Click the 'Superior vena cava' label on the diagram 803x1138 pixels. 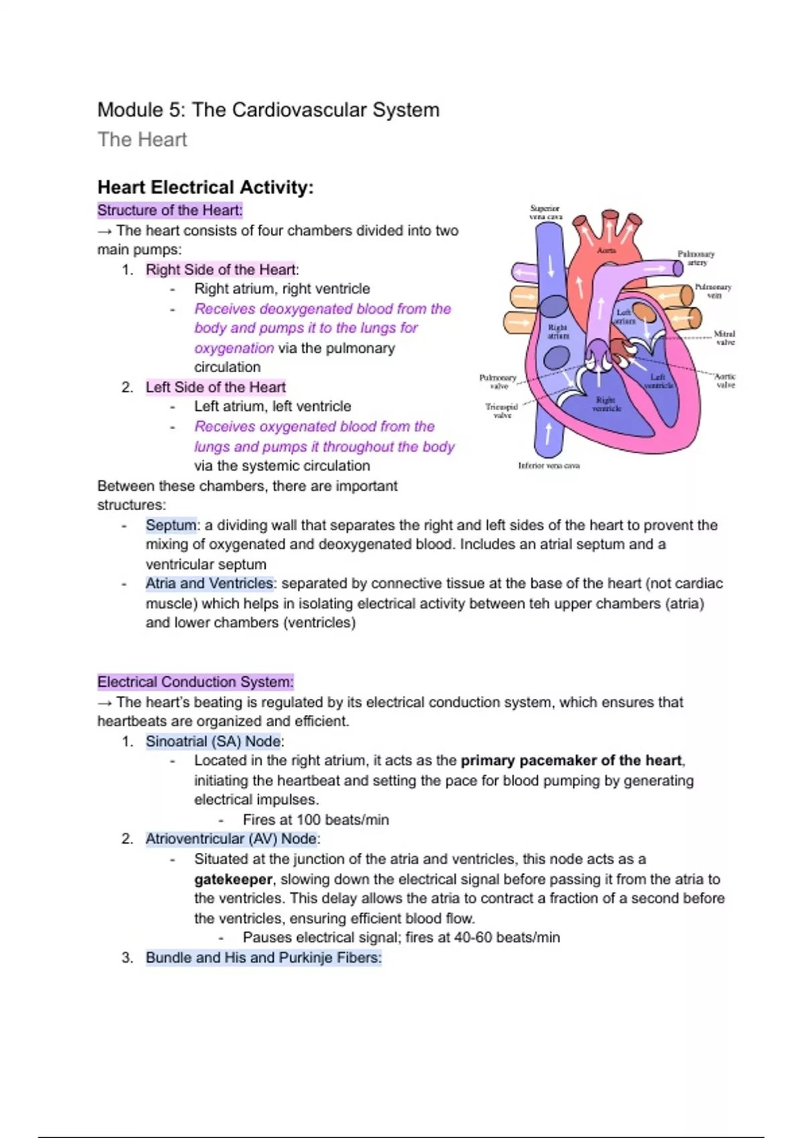545,212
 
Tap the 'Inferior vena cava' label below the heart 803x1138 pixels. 549,465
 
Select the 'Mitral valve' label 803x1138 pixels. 725,337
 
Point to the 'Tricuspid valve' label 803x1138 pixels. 502,410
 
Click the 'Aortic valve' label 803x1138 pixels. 725,380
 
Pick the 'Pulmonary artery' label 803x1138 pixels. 697,258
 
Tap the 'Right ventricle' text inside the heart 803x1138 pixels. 606,404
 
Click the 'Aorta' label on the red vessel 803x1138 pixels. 606,250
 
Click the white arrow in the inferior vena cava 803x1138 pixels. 549,433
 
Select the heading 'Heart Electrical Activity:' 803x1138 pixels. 205,187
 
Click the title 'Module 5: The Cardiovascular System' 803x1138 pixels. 268,110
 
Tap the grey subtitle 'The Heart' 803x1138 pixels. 142,139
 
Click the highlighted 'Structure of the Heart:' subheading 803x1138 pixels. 170,210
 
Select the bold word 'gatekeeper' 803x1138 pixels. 233,879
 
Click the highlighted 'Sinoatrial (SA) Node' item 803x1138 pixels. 213,741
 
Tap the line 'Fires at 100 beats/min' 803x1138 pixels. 316,819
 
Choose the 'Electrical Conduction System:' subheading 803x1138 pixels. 195,682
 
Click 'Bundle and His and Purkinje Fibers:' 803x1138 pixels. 264,957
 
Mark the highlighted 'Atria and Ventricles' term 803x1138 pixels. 209,583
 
